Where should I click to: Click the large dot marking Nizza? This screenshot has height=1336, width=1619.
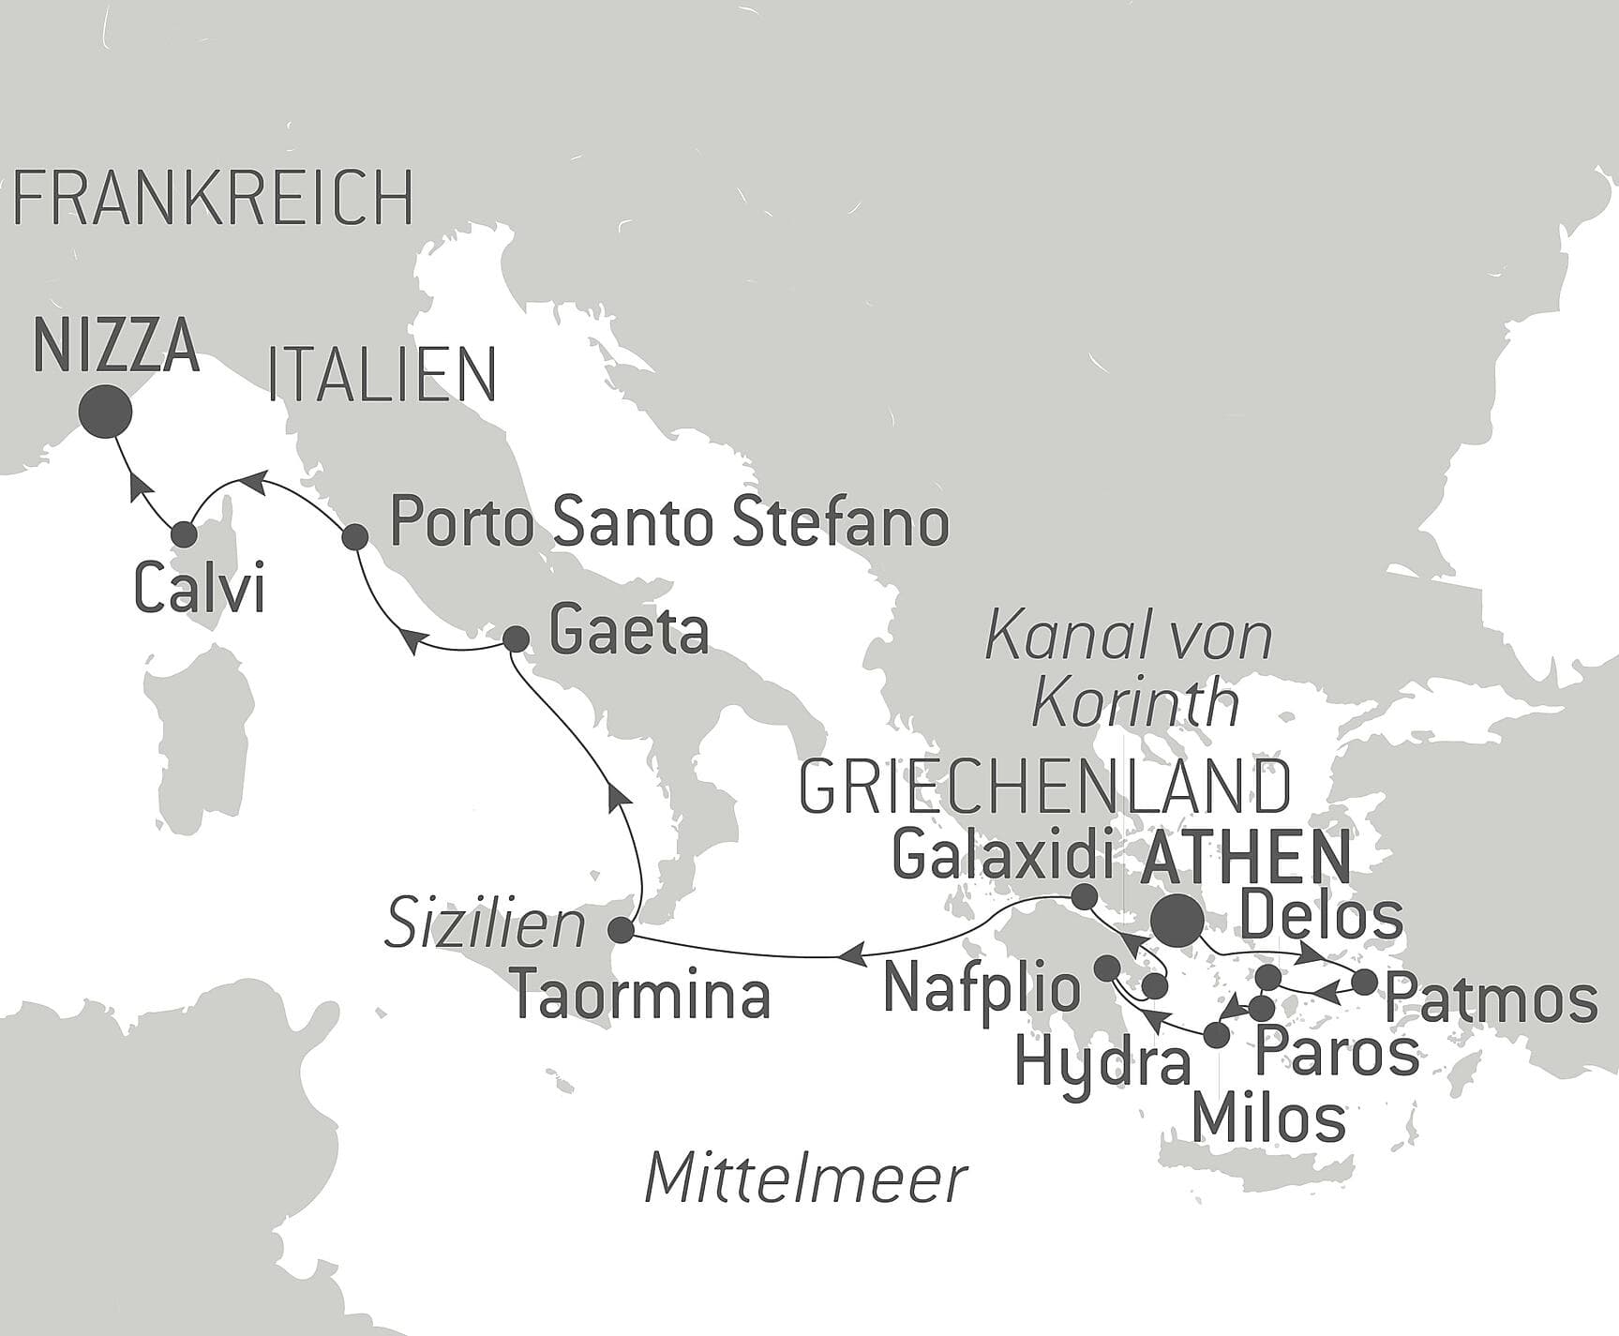click(104, 412)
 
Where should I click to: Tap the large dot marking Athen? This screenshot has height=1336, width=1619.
click(1177, 921)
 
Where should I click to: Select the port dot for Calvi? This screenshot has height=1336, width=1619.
click(185, 534)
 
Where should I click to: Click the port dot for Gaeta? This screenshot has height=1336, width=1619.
click(516, 639)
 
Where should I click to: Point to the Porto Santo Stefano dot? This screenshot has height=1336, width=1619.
click(354, 537)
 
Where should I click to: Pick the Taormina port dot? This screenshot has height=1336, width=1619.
click(621, 931)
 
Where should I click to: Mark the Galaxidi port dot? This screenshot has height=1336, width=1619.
click(1083, 896)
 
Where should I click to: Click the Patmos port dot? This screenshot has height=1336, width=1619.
click(1365, 983)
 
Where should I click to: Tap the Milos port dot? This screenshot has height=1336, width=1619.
click(1216, 1036)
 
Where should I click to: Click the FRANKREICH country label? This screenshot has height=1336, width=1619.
click(214, 198)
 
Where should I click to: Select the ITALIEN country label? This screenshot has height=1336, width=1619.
click(382, 375)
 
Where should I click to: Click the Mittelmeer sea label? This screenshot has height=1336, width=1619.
click(805, 1178)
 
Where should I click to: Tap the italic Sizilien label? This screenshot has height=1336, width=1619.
click(487, 923)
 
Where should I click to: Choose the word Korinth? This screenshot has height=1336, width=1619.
click(1135, 701)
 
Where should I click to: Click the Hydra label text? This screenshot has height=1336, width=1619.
click(1103, 1063)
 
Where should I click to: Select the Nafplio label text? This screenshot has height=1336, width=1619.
click(982, 986)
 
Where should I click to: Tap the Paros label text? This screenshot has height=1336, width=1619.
click(1337, 1052)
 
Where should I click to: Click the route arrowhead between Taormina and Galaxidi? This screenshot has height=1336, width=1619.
click(849, 955)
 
